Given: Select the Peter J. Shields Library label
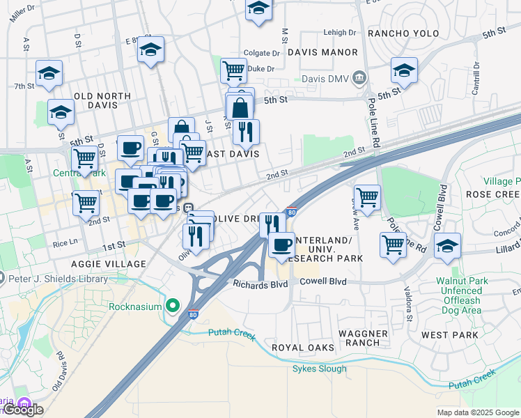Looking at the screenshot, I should (x=59, y=279).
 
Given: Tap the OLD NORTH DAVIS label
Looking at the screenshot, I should (x=102, y=100).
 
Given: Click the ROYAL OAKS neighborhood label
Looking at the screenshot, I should (x=302, y=347).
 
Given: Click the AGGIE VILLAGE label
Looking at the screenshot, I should (x=109, y=264).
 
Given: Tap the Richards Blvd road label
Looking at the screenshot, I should (x=260, y=284).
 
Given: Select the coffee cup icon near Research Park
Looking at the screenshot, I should (x=281, y=245).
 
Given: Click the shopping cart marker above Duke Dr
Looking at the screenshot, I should (x=233, y=69).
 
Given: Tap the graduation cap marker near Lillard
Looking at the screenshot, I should (x=447, y=245).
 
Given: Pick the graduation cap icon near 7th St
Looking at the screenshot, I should (x=49, y=72).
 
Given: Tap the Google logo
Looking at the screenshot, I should (x=23, y=410).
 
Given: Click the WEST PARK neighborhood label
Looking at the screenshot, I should (x=449, y=335).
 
